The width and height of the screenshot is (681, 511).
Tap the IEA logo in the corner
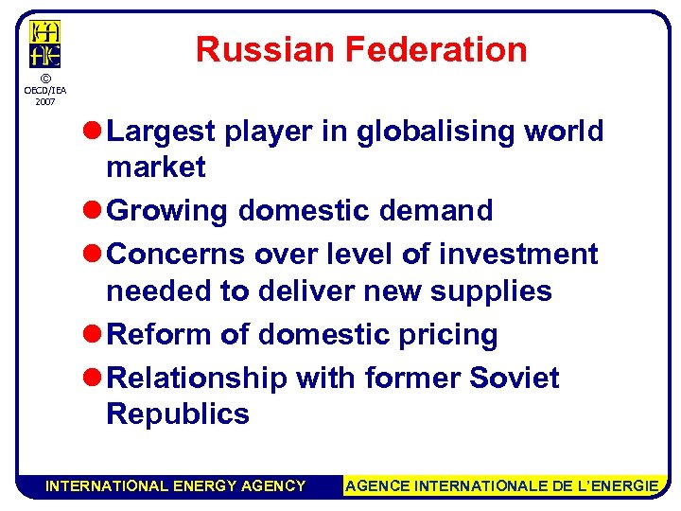point(45,44)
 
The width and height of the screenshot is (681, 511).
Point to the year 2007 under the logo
point(44,100)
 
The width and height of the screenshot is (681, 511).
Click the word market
point(156,167)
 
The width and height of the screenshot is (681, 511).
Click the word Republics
point(178,414)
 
